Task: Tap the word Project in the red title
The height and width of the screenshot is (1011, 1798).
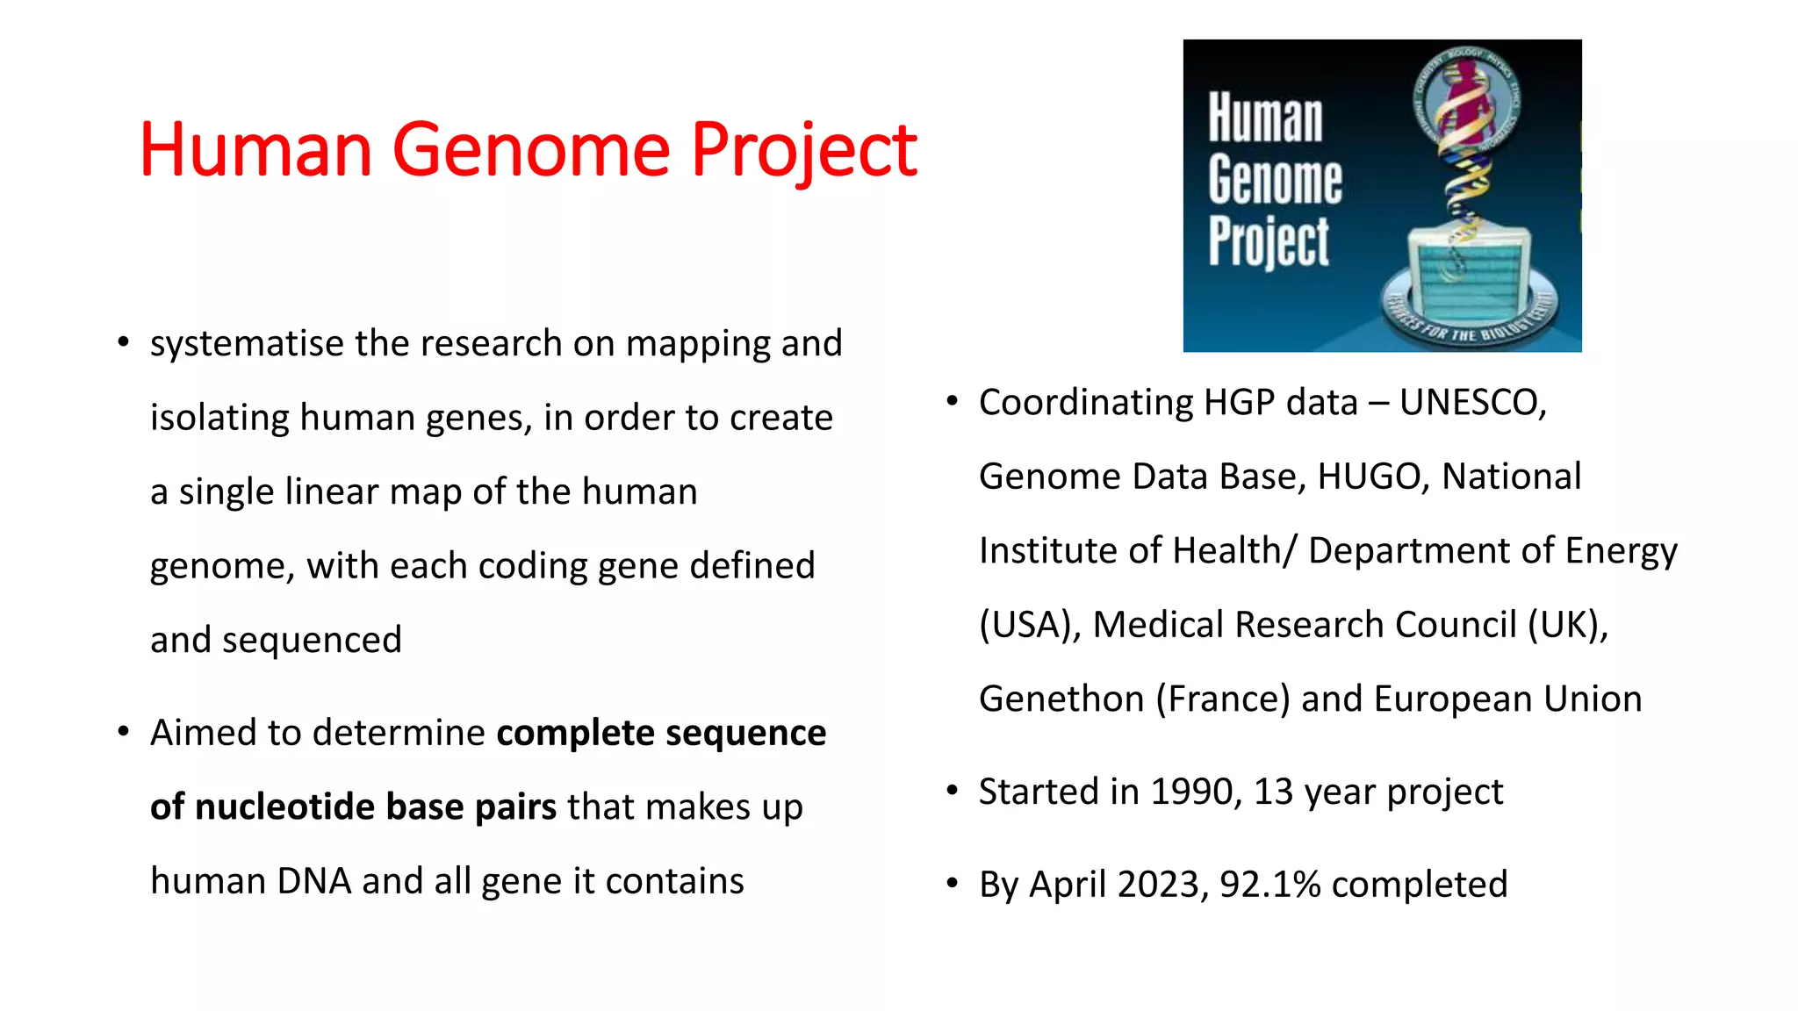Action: click(x=802, y=151)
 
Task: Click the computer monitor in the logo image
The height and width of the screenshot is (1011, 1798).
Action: click(x=1468, y=272)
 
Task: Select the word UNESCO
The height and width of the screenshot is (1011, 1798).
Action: click(x=1471, y=403)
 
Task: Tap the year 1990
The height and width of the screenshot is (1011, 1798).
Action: click(x=1195, y=792)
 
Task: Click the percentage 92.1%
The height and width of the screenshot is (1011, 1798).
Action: click(x=1269, y=885)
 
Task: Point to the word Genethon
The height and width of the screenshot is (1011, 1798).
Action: click(x=1061, y=699)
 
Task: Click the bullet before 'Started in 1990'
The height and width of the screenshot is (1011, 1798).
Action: click(x=952, y=791)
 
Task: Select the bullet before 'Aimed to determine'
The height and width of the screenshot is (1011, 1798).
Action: click(x=123, y=731)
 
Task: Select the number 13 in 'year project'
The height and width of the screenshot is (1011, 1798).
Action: click(x=1273, y=792)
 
